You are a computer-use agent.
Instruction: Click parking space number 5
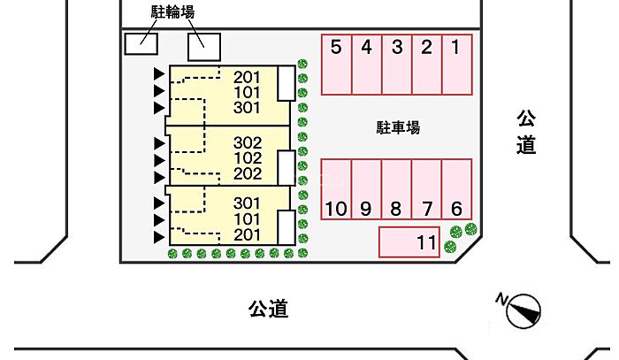click(x=336, y=65)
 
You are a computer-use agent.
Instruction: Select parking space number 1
click(x=457, y=65)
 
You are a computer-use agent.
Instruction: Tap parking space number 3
click(x=397, y=65)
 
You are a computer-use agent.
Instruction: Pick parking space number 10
click(x=336, y=189)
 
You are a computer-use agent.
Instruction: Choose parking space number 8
click(x=396, y=189)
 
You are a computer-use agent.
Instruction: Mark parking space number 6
click(x=457, y=189)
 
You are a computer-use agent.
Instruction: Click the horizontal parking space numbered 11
click(x=409, y=242)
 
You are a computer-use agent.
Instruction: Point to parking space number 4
click(x=367, y=65)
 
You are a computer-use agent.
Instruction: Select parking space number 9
click(x=366, y=189)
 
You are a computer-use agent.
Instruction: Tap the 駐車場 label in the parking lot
click(x=398, y=127)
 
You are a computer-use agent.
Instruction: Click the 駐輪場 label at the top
click(x=173, y=11)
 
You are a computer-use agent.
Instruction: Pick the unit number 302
click(x=248, y=142)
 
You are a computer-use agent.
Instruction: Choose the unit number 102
click(x=248, y=158)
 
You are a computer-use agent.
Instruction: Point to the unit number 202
click(x=248, y=173)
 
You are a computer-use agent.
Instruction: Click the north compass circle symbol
click(x=523, y=311)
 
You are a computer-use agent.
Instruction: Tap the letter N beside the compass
click(x=501, y=299)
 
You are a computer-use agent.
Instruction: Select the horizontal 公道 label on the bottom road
click(x=269, y=309)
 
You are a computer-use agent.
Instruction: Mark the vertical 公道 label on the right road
click(x=526, y=132)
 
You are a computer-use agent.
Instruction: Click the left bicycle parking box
click(x=141, y=44)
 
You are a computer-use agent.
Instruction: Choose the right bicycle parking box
click(x=204, y=47)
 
